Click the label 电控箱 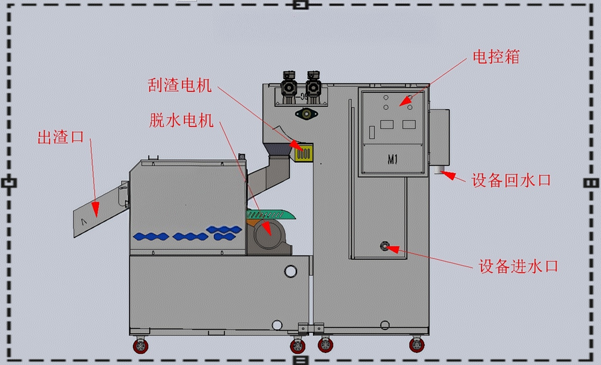496,56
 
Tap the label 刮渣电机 179,85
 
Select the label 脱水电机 181,120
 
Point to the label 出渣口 60,137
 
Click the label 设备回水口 511,181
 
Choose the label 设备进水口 518,266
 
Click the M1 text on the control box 392,160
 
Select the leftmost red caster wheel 141,346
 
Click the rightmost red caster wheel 416,345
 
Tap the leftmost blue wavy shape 151,236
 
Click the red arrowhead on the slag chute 95,209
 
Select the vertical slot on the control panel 372,132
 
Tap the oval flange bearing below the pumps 306,114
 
